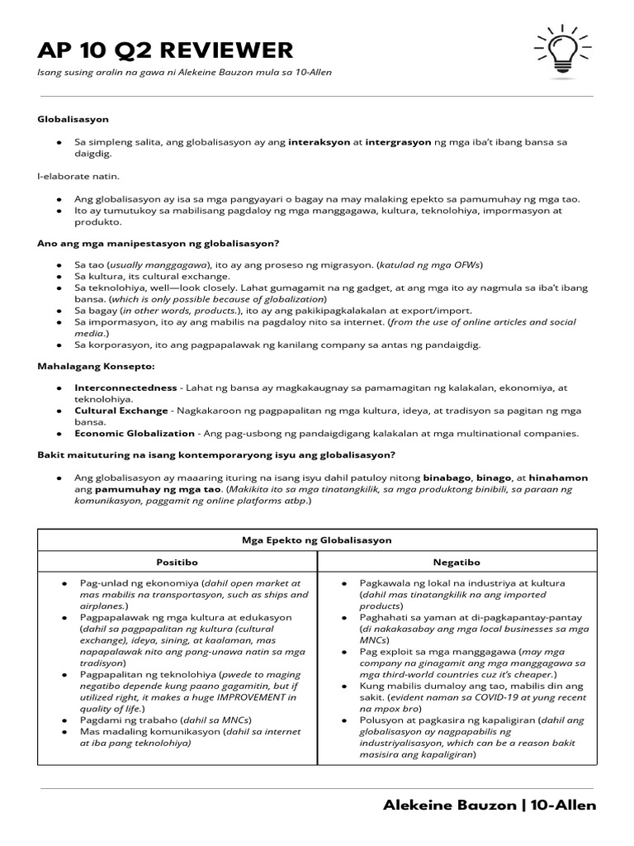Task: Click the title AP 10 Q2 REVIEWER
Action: pos(165,50)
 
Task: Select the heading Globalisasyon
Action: pos(73,120)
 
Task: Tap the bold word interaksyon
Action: pos(319,142)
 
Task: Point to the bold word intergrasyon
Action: pos(398,142)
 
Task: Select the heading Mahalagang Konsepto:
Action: pos(96,364)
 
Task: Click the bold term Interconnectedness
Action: pos(125,387)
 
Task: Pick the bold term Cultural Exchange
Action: pos(119,410)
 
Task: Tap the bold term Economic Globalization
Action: pos(134,433)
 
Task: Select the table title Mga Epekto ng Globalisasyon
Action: pos(316,540)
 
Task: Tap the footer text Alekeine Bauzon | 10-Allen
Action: pos(490,806)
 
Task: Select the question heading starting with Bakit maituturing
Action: pos(216,455)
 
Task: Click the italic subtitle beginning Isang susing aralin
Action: pos(184,73)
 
